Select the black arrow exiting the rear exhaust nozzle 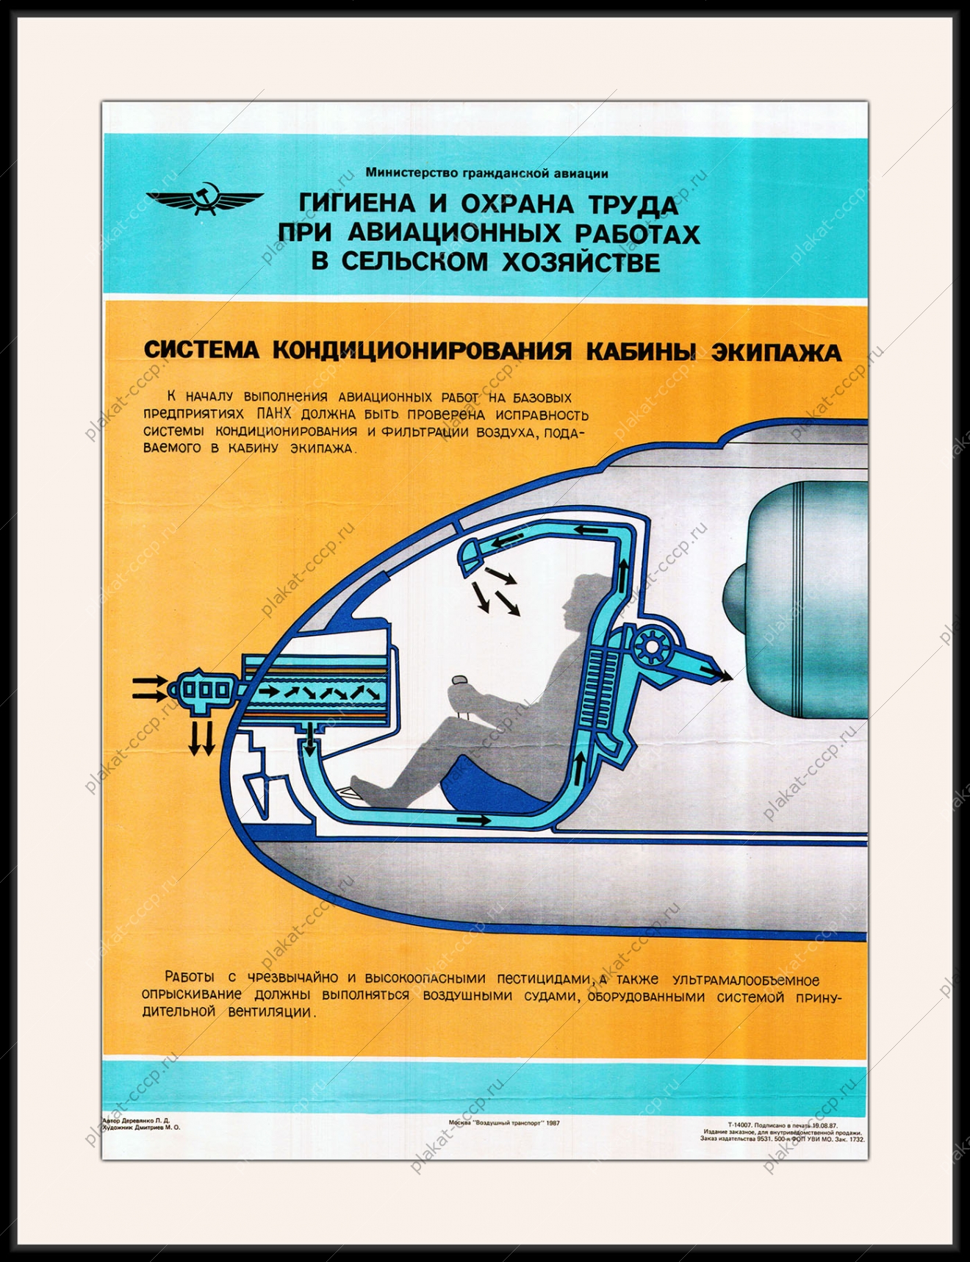point(714,673)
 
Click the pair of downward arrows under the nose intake point(201,737)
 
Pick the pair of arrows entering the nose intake point(150,687)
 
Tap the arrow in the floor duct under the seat point(477,820)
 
